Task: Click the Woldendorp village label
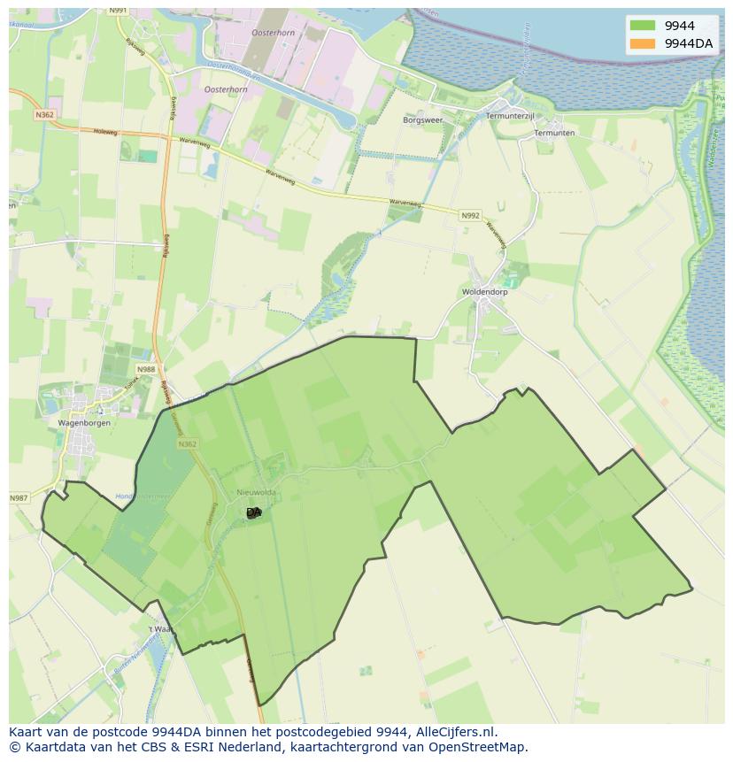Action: [483, 292]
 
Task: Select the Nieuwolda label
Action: [257, 493]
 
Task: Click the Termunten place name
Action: [554, 133]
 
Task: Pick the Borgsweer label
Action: [422, 119]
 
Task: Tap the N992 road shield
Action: [470, 215]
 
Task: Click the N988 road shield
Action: [145, 369]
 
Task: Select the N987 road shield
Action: [19, 498]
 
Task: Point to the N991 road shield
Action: [119, 10]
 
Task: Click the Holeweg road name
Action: [105, 131]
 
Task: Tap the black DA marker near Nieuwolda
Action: [254, 512]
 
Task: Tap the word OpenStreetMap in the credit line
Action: [479, 747]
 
